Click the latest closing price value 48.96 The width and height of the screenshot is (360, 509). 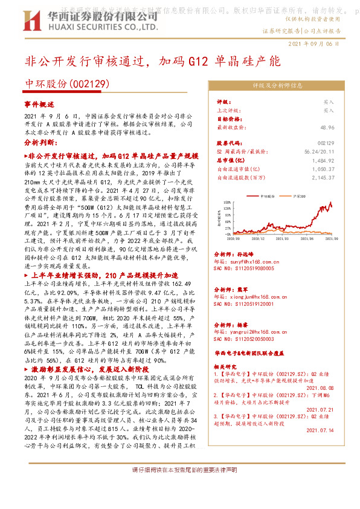(x=344, y=128)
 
